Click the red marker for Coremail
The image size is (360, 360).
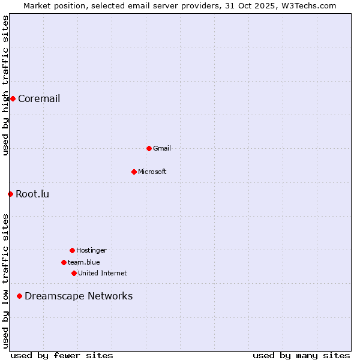click(13, 98)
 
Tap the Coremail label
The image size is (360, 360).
click(39, 99)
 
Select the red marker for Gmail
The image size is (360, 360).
click(149, 148)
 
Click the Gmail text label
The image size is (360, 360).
click(162, 149)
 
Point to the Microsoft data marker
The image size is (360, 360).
click(134, 172)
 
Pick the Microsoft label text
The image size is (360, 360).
click(152, 172)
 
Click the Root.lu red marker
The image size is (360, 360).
click(10, 194)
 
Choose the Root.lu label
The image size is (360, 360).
click(32, 194)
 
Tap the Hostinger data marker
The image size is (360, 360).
click(72, 250)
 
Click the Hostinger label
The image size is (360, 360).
click(91, 251)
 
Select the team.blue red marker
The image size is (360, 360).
click(64, 262)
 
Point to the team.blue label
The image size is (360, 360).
click(84, 263)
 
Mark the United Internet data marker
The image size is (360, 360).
click(74, 273)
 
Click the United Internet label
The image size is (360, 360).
click(103, 274)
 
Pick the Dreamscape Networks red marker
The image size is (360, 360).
click(19, 296)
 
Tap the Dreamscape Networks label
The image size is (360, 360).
click(79, 296)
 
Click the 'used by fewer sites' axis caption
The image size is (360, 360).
click(62, 356)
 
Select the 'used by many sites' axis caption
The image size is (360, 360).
click(301, 356)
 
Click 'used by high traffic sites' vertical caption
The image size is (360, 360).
click(5, 85)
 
